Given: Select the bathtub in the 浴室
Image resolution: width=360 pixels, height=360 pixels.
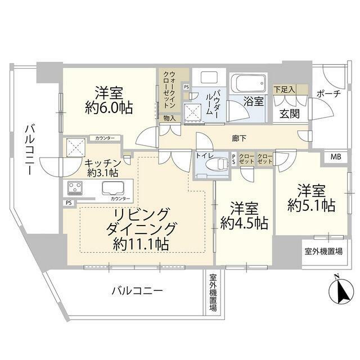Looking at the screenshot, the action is (249, 83).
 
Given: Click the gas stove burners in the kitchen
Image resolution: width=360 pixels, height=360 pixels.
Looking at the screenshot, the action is (75, 188).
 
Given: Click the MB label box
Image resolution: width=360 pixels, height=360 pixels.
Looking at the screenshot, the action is (336, 157).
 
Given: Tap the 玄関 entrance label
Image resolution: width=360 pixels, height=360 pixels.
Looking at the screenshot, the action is (290, 113).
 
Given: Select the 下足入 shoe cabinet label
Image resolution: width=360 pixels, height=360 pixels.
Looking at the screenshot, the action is (285, 89).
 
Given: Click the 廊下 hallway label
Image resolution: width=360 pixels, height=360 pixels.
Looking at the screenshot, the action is (239, 138).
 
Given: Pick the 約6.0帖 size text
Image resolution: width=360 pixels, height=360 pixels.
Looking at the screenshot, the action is (109, 107).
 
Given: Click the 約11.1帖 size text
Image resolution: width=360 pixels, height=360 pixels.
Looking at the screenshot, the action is (141, 244).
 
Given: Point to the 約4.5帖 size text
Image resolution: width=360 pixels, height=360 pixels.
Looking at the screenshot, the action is (244, 223).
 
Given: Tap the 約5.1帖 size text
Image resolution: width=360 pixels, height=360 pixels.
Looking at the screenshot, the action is (311, 205).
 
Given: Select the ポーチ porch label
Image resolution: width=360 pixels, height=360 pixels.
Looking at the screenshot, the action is (328, 94).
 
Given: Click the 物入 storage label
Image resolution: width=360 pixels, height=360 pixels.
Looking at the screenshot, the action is (170, 118).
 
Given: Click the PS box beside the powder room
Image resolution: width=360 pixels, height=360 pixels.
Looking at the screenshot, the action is (186, 87).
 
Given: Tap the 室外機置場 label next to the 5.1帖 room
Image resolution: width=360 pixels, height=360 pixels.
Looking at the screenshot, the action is (324, 251).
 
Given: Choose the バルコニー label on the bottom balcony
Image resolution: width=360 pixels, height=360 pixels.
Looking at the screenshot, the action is (137, 291).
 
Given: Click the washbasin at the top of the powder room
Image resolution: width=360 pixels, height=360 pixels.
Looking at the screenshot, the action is (209, 78).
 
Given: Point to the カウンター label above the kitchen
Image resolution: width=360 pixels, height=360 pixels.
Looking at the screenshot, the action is (105, 138).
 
